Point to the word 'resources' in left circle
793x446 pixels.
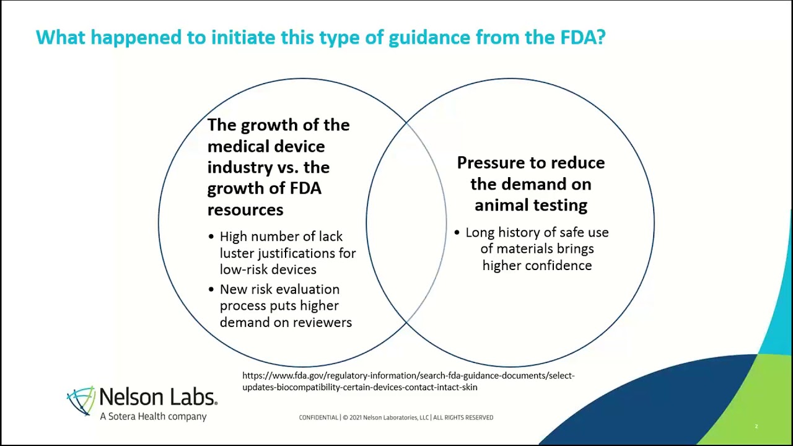[245, 210]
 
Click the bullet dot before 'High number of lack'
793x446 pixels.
[211, 237]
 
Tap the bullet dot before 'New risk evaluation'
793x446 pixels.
[211, 289]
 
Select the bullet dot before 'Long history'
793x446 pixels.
[457, 232]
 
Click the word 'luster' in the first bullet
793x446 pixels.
[237, 253]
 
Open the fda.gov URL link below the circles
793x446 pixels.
[408, 381]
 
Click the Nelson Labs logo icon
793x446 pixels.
[81, 401]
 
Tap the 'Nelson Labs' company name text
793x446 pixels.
[158, 397]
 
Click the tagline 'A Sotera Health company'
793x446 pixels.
[153, 416]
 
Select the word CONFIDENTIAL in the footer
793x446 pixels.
[318, 418]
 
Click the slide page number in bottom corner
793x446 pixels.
[756, 426]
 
